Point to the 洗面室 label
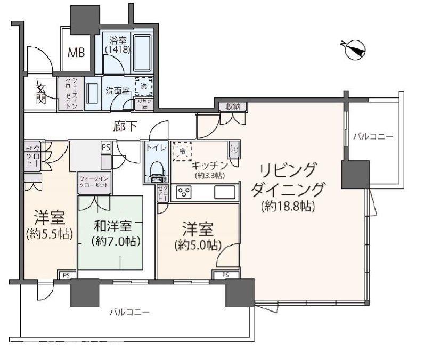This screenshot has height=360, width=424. (117, 91)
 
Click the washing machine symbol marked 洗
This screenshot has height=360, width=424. (143, 85)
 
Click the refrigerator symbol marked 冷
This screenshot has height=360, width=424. (182, 151)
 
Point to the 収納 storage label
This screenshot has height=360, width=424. (233, 107)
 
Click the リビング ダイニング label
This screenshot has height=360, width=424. (290, 180)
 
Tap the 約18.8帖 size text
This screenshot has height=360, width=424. (288, 206)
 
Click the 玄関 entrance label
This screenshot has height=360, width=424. (41, 94)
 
